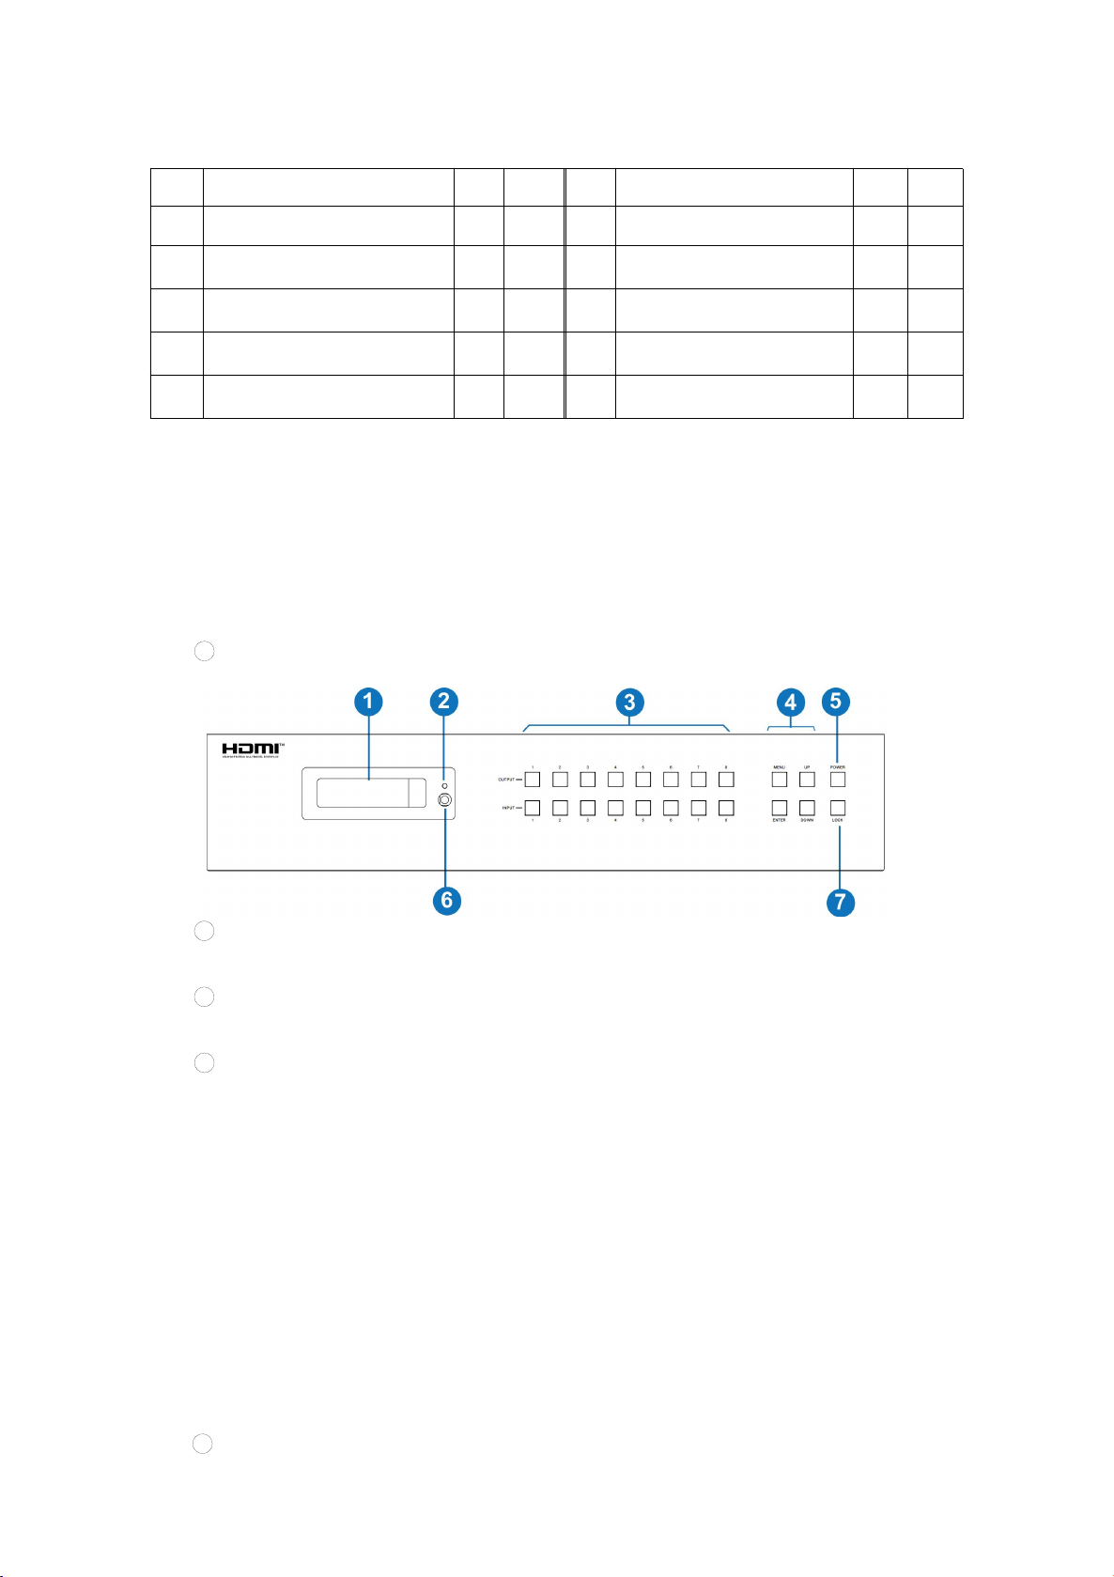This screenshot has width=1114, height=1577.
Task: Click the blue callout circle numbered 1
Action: pos(369,701)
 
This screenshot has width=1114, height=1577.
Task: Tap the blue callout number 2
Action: pos(443,701)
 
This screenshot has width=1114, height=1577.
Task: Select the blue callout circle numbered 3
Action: pos(629,701)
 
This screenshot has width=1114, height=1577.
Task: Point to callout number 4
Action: pos(791,701)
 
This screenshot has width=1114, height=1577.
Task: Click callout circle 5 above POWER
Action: pos(836,701)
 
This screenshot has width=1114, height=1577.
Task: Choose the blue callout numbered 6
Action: pos(446,899)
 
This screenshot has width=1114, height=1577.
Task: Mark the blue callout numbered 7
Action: pos(840,903)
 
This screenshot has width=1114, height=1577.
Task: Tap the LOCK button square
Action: pos(837,807)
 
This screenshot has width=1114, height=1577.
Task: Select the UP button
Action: pos(807,779)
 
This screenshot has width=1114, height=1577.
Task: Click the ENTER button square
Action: pos(780,807)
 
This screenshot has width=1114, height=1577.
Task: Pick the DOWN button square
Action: pos(807,807)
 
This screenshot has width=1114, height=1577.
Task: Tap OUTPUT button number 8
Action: pos(726,779)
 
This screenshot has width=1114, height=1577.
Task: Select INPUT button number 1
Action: pos(533,807)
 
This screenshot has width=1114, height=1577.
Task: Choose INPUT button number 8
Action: pos(726,807)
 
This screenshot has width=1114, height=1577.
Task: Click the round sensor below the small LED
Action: pos(445,800)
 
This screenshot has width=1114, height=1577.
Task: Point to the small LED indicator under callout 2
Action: pos(443,782)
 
